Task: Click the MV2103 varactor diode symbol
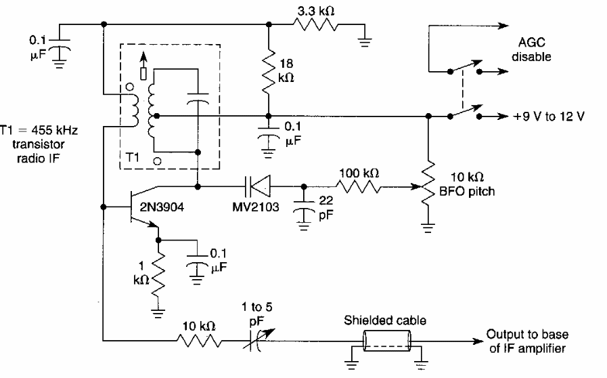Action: tap(256, 185)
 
